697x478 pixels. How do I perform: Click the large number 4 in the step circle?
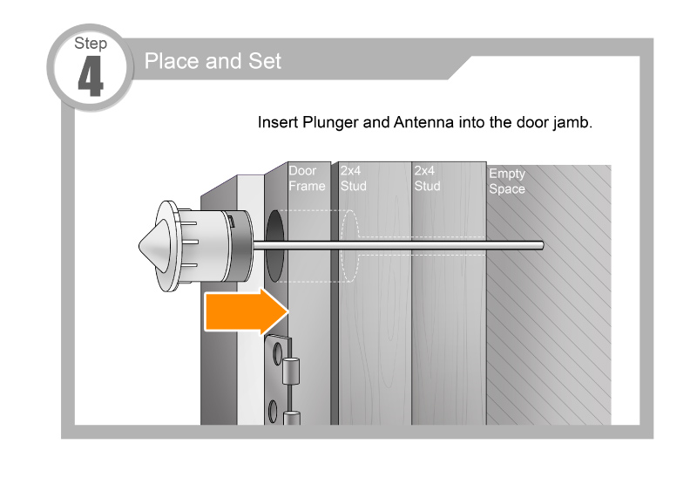91,76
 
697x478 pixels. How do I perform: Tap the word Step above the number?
91,44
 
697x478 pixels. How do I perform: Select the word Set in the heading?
265,61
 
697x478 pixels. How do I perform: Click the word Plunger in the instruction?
330,122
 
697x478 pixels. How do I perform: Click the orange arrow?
247,311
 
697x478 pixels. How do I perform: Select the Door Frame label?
307,178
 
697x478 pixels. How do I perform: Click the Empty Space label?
507,181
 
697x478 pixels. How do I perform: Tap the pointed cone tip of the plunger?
139,246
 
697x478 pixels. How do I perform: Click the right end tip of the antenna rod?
542,245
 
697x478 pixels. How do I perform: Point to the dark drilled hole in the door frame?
274,246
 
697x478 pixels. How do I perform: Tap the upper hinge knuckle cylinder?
291,372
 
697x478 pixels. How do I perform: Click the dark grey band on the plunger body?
241,246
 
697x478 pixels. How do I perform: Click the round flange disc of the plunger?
168,246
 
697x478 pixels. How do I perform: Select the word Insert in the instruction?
278,122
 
